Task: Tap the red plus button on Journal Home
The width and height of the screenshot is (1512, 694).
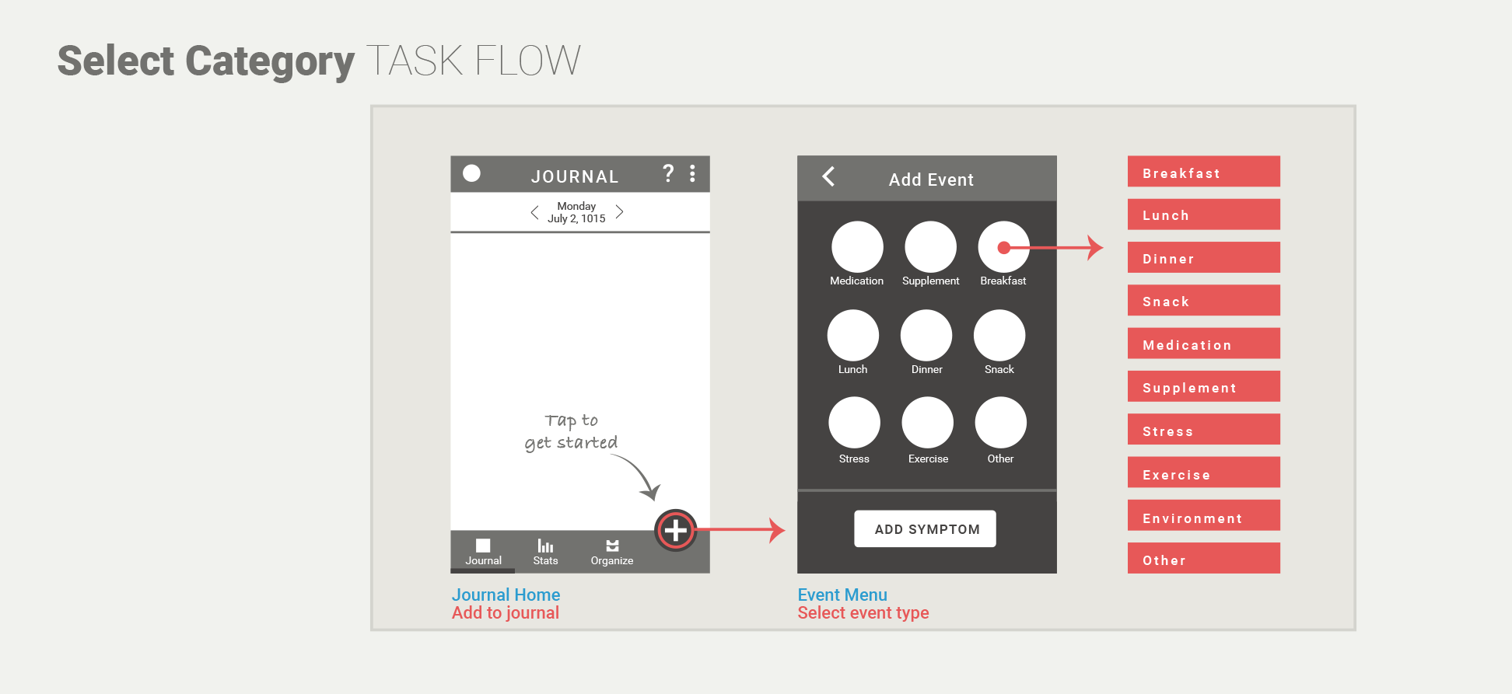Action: pos(675,530)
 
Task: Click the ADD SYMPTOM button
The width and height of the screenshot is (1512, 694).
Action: pos(925,528)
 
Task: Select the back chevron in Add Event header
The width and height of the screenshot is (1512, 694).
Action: pos(829,177)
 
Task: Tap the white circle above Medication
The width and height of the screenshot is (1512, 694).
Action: pos(857,247)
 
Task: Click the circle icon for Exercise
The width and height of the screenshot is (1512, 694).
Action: pos(927,423)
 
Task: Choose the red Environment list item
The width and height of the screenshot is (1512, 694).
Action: pos(1203,516)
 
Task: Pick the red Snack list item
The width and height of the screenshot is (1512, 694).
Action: pos(1203,300)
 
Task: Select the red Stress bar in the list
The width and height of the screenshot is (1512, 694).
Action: pos(1203,430)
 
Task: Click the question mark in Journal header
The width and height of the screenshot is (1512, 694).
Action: pos(667,173)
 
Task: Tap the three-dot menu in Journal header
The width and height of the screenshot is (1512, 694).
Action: pos(692,173)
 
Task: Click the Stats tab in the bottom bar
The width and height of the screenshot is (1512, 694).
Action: pos(545,552)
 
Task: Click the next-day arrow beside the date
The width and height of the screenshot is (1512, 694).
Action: pos(620,211)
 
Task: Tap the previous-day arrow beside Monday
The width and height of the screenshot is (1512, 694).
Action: pos(534,212)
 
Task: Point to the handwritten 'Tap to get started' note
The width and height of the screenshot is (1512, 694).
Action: pos(572,432)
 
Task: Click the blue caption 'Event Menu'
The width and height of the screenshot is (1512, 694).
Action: pos(842,595)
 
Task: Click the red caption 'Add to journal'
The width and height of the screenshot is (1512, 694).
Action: pos(505,613)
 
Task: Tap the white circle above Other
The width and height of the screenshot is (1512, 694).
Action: pos(1000,423)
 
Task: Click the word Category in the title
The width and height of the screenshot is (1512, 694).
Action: pos(270,61)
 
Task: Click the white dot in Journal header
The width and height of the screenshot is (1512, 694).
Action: pos(471,173)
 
